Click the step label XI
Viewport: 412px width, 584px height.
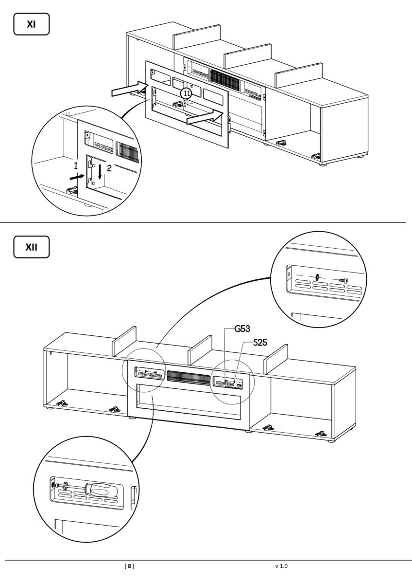[32, 24]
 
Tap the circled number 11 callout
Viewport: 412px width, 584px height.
[187, 93]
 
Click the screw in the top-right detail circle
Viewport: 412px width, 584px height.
[345, 280]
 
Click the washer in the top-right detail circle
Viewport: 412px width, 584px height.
[317, 277]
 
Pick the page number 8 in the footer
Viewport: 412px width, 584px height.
[129, 566]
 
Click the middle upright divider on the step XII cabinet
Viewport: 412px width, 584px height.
[200, 350]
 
